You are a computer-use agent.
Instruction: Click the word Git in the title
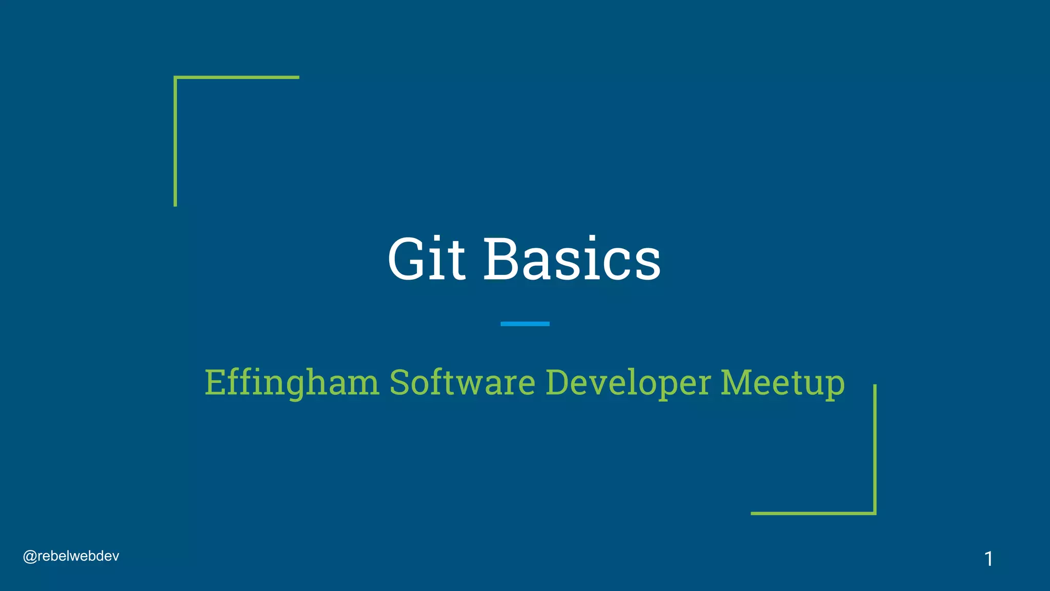426,259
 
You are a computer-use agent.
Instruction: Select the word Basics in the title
572,259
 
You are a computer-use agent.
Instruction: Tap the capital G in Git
408,259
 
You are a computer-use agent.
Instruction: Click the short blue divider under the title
525,324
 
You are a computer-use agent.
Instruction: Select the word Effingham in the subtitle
292,383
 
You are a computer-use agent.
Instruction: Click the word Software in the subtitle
462,383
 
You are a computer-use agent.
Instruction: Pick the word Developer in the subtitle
628,383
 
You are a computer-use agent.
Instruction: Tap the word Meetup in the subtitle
782,383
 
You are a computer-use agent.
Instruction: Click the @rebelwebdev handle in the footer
71,556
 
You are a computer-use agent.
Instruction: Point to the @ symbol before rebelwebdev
30,557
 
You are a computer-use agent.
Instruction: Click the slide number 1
988,559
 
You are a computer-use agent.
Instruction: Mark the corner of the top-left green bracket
176,78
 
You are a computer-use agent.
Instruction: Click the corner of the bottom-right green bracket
875,513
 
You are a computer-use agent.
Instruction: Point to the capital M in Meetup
737,382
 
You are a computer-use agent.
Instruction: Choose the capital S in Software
399,383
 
